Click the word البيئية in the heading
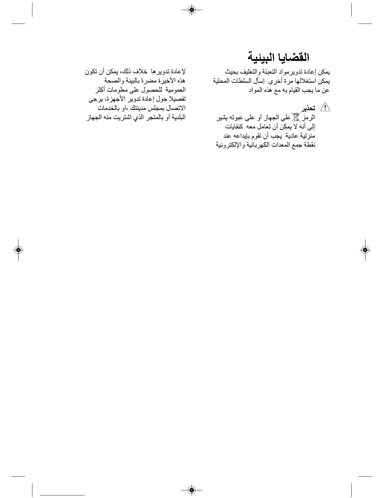click(261, 58)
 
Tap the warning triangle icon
click(325, 108)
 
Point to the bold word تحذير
click(308, 108)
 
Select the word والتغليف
click(254, 72)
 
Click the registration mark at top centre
click(192, 10)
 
